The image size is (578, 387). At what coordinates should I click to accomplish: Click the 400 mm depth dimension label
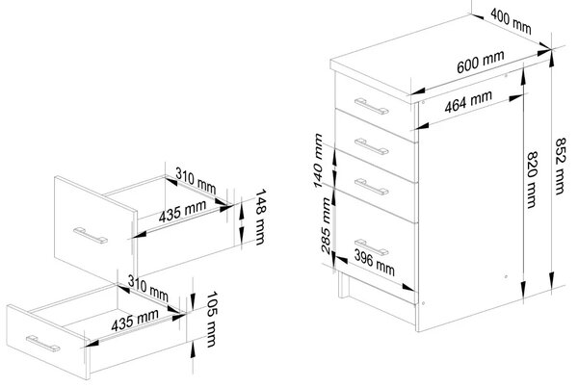point(511,21)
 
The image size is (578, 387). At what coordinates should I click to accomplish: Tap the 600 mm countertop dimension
point(481,63)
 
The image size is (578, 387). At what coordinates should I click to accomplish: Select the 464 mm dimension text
point(468,102)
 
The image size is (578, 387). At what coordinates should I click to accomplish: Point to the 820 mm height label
point(531,180)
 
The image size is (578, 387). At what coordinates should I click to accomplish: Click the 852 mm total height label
point(560,167)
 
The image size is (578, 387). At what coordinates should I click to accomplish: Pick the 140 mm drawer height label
point(318,161)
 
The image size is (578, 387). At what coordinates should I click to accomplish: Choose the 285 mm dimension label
point(326,225)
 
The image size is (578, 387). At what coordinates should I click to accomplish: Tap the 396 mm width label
point(374,263)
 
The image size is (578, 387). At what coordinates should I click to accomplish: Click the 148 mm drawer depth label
point(260,217)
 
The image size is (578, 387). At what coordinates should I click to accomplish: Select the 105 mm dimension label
point(212,320)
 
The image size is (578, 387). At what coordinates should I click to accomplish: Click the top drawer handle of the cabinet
point(372,107)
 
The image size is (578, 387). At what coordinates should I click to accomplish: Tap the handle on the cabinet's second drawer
point(372,146)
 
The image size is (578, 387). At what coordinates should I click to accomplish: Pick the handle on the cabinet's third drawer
point(372,187)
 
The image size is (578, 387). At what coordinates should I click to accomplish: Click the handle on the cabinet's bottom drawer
point(372,247)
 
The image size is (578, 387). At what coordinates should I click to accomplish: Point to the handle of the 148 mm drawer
point(91,236)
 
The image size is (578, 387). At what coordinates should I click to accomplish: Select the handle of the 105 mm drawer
point(42,344)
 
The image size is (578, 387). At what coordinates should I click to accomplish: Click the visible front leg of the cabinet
point(343,285)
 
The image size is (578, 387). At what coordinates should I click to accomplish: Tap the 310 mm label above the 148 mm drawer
point(196,181)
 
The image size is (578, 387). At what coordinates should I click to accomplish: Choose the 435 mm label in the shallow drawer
point(135,320)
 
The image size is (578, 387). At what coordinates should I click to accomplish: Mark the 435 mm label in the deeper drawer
point(182,212)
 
